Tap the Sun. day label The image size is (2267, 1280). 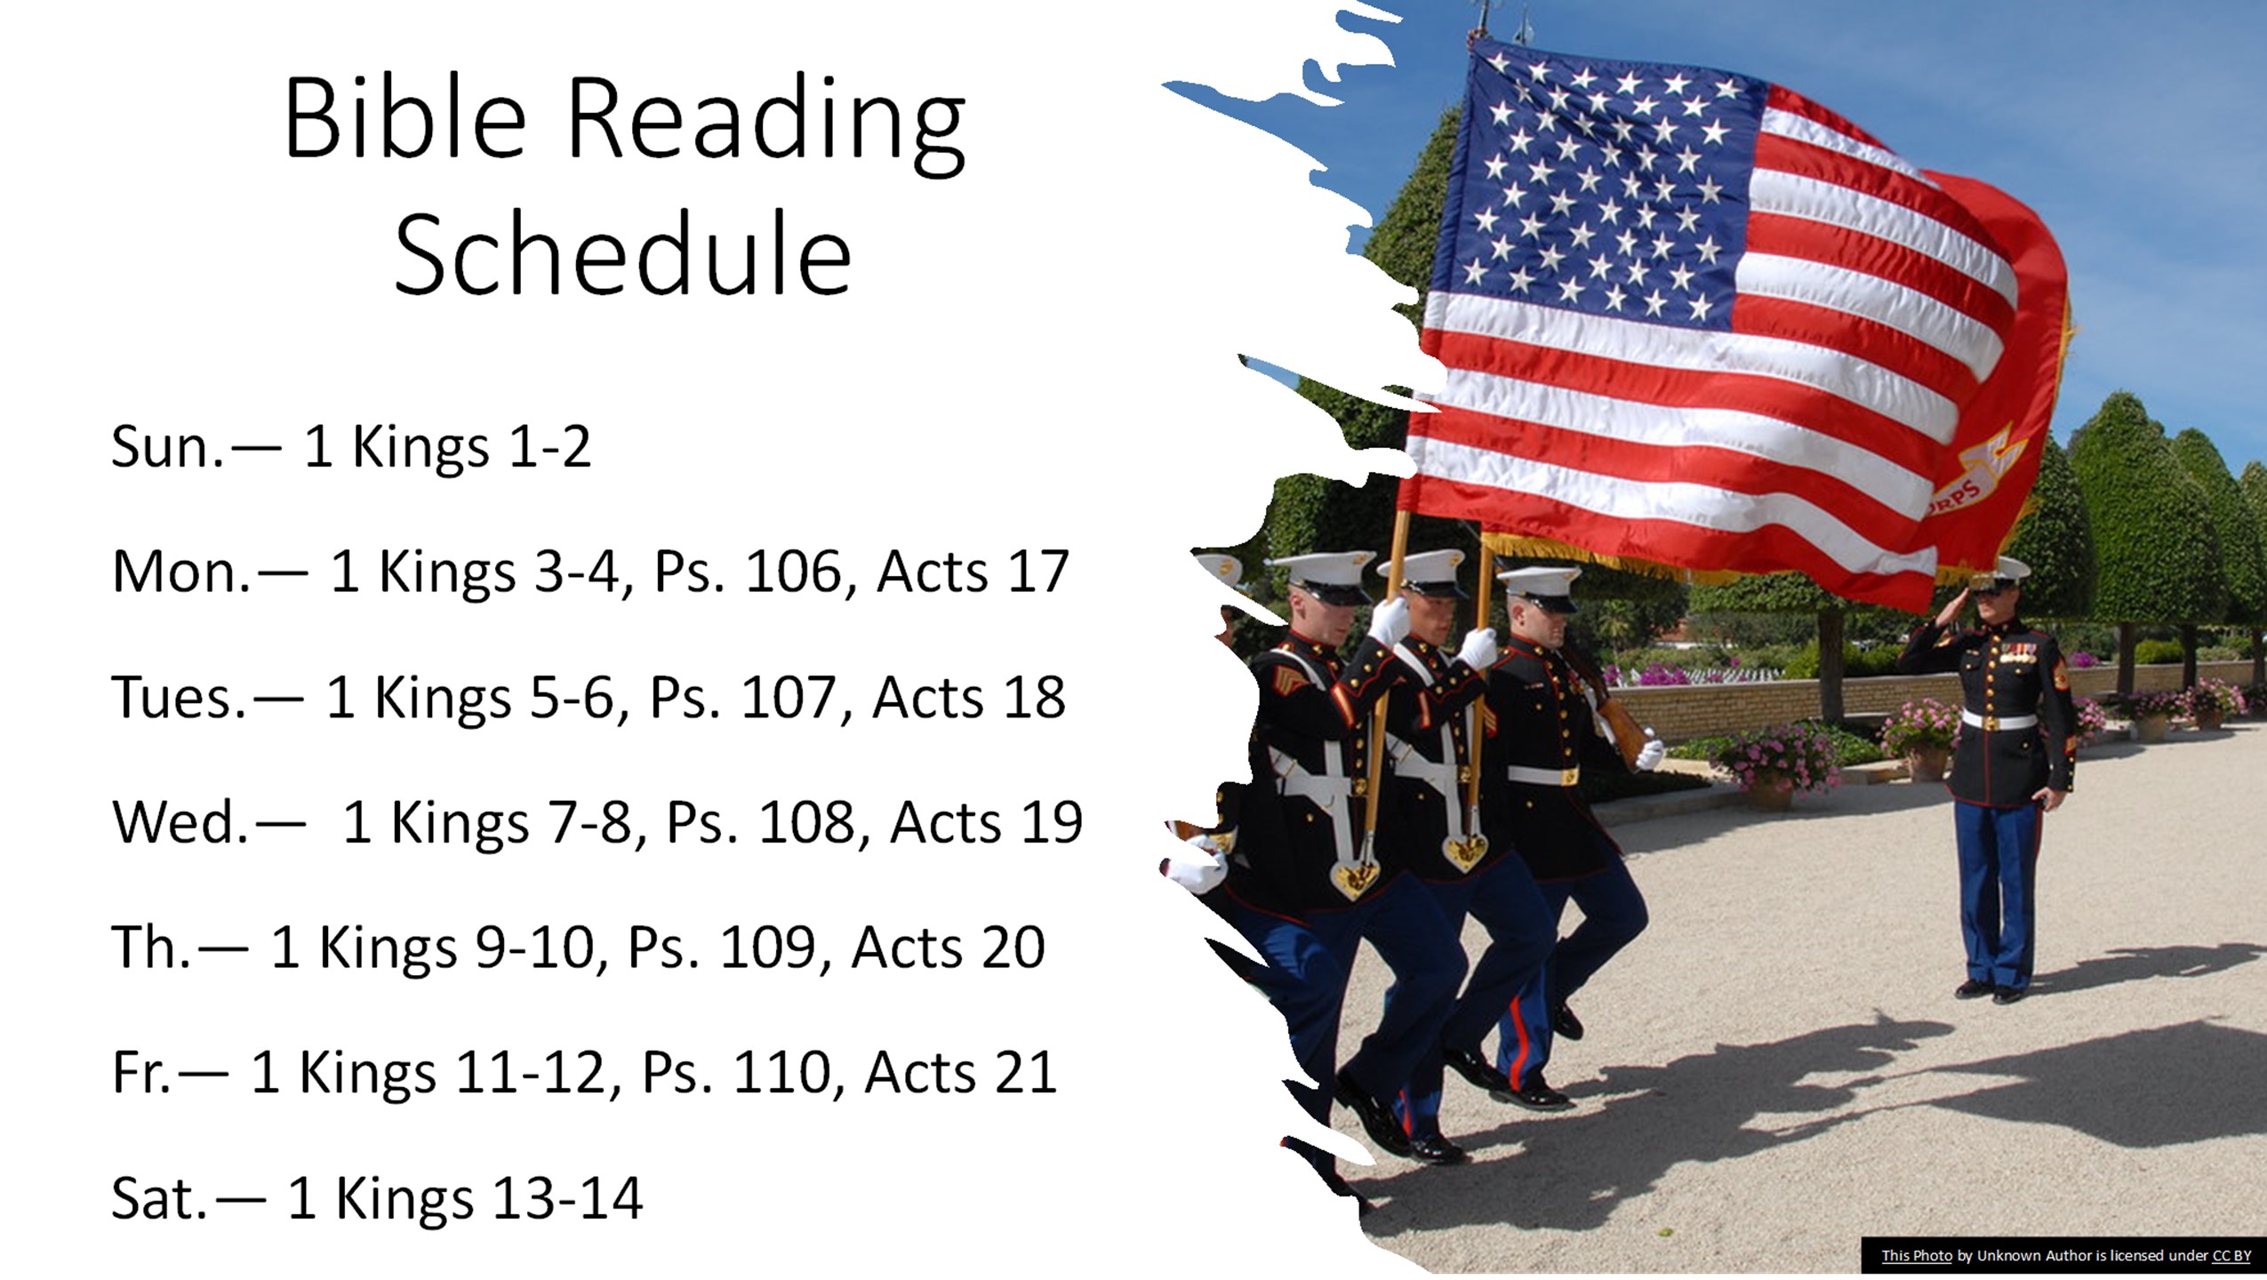[167, 446]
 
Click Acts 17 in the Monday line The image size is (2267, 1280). [972, 572]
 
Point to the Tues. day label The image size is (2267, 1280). [178, 697]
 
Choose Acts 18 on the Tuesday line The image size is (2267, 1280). [968, 697]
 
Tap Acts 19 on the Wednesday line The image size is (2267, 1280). [986, 822]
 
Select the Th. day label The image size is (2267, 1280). [151, 948]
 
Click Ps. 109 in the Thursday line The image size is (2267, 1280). [721, 948]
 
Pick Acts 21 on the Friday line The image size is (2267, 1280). [960, 1073]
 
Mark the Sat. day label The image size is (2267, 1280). [158, 1199]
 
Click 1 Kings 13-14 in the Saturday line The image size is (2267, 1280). [464, 1199]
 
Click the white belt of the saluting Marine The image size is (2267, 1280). [1998, 720]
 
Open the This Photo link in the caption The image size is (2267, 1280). [1916, 1255]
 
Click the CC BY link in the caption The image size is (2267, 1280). [2231, 1255]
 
